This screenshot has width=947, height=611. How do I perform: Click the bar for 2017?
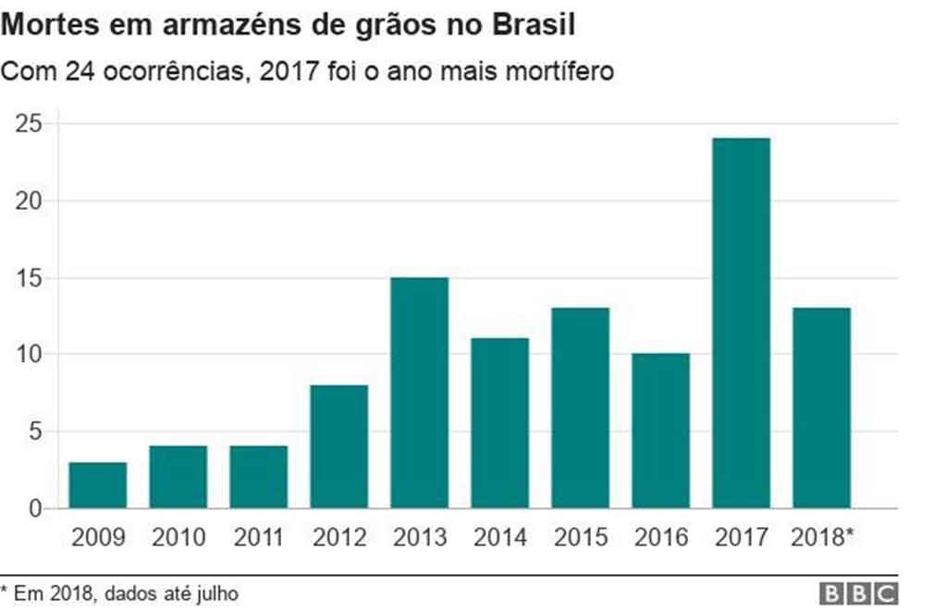click(x=741, y=324)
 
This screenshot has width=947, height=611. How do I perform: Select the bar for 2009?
click(x=97, y=485)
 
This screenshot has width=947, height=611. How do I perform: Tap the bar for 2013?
click(x=419, y=393)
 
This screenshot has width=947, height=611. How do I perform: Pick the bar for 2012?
click(x=338, y=446)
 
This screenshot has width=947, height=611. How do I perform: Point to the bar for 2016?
click(x=660, y=431)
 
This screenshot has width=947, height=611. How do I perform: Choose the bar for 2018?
click(x=821, y=408)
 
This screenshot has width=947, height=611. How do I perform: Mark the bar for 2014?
click(x=499, y=423)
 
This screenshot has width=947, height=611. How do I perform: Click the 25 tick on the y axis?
click(x=31, y=124)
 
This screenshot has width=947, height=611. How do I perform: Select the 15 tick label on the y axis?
click(x=31, y=278)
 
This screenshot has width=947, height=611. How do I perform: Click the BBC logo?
click(x=857, y=593)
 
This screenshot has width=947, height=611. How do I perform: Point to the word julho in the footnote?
click(x=215, y=593)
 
